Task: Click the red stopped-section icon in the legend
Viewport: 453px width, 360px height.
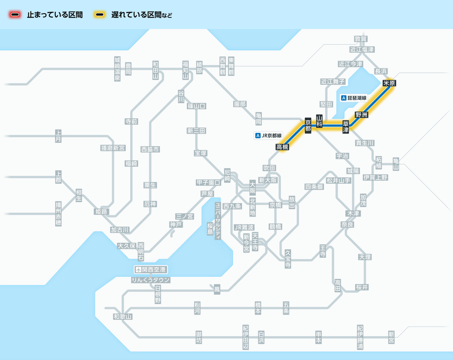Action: pos(15,15)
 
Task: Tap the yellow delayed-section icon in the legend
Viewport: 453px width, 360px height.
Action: pos(100,15)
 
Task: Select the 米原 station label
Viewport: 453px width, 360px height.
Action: pos(389,83)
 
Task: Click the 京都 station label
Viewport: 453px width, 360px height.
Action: pos(308,125)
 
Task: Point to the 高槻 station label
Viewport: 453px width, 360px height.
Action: pos(282,147)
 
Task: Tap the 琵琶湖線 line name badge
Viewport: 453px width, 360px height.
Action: pos(354,98)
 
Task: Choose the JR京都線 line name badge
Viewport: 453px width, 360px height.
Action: pos(269,136)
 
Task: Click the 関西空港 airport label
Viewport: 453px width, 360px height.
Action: pos(151,270)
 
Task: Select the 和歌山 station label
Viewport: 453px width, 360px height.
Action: pos(123,317)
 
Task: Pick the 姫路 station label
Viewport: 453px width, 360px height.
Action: pos(101,212)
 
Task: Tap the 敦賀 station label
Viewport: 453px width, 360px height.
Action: pos(361,39)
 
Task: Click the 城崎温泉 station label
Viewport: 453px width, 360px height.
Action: pos(117,69)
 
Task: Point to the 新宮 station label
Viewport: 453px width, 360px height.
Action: pos(391,337)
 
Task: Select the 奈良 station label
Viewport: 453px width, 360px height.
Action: pos(347,224)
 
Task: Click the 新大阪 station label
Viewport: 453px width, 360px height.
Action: pos(268,180)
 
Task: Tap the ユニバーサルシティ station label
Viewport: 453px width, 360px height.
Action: pos(218,221)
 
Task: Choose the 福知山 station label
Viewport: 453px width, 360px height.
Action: pos(185,70)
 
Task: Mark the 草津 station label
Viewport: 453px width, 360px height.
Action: pos(346,127)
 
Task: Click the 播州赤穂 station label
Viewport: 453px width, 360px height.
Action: pos(58,213)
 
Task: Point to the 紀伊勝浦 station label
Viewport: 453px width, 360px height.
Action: pos(360,337)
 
